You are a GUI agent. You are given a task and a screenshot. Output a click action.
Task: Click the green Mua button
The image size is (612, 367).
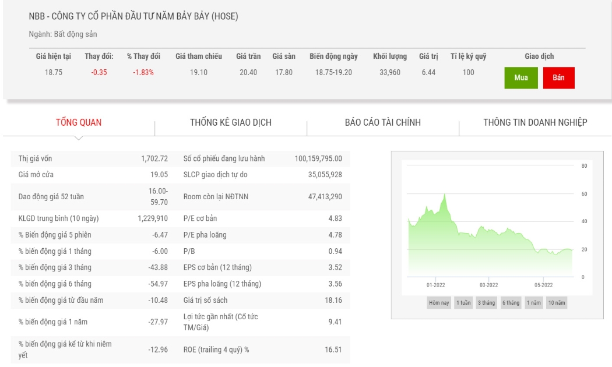(x=520, y=77)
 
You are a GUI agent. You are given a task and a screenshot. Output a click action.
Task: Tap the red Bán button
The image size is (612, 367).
(x=558, y=77)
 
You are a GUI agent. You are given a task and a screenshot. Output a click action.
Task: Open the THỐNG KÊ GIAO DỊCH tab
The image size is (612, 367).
(x=231, y=122)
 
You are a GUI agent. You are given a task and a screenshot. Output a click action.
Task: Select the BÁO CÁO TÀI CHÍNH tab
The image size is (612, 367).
(x=383, y=122)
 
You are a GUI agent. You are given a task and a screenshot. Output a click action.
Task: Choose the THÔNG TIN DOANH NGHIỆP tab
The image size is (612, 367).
(x=535, y=122)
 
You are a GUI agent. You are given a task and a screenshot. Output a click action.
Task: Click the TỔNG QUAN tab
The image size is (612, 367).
(x=79, y=122)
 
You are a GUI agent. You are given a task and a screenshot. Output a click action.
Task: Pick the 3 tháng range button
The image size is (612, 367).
(x=486, y=303)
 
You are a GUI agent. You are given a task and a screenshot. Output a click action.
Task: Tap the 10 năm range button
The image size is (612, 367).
(x=557, y=303)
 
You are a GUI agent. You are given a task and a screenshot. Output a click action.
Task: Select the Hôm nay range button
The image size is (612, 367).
(x=439, y=303)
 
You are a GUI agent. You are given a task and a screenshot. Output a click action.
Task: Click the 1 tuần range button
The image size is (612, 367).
(x=464, y=303)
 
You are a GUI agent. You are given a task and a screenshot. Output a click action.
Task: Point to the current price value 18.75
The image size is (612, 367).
(x=54, y=73)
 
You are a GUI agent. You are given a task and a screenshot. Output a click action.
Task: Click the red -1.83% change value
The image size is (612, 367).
(x=143, y=73)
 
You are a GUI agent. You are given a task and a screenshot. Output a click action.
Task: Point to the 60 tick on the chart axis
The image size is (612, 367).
(x=584, y=194)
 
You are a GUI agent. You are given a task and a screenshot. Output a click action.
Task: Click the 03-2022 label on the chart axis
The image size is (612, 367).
(x=488, y=285)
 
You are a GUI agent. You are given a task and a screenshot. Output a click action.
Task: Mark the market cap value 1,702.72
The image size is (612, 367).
(x=154, y=158)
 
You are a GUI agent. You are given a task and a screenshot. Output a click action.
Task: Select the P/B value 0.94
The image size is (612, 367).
(x=335, y=252)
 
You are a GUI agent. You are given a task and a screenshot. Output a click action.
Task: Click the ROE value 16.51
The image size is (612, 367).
(x=333, y=350)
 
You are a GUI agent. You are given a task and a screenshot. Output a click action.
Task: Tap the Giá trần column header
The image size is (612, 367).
(x=248, y=56)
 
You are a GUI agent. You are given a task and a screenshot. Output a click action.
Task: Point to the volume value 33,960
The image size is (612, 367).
(x=390, y=73)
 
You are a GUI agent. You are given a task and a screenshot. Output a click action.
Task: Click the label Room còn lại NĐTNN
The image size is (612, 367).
(x=216, y=196)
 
